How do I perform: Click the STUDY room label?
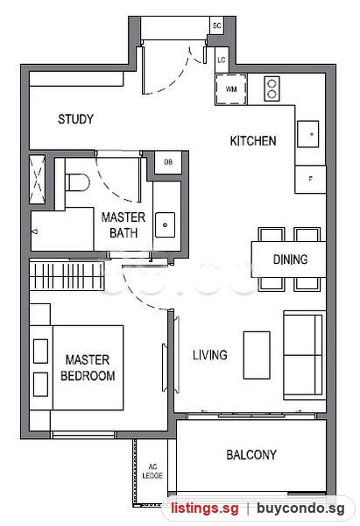point(75,119)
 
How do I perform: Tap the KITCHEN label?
point(253,140)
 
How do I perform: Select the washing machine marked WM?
point(231,89)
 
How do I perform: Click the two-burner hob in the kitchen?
point(272,89)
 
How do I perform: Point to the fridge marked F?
point(310,179)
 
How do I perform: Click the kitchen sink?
point(308,134)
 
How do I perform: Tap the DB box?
point(168,162)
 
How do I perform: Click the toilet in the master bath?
point(77,182)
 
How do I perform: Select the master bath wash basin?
point(165,224)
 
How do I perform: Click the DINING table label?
point(290,259)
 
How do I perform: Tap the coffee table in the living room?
point(257,355)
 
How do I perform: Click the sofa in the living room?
point(304,355)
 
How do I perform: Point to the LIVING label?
point(210,355)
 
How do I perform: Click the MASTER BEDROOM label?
point(88,367)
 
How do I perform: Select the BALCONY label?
point(251,455)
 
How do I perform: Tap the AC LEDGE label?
point(152,471)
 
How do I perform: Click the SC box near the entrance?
point(217,25)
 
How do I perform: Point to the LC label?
point(222,60)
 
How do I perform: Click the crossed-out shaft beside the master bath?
point(37,179)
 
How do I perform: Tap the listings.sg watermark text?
point(205,508)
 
